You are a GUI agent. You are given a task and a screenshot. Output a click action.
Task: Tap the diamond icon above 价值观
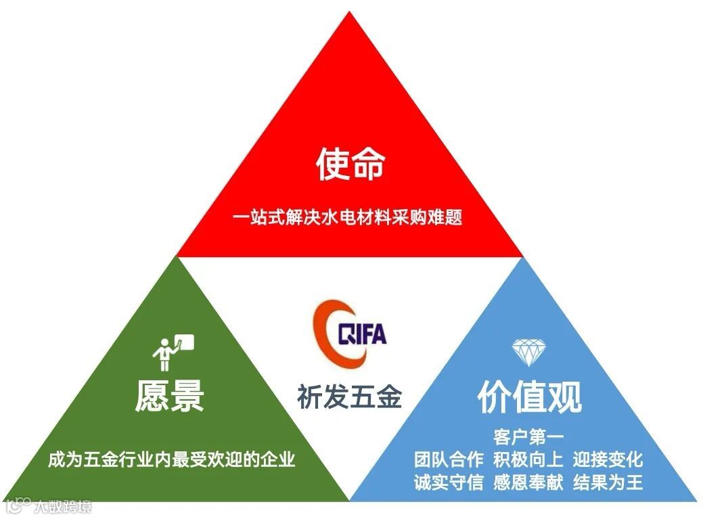(526, 351)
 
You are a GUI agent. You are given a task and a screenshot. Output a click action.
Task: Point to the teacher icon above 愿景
(172, 351)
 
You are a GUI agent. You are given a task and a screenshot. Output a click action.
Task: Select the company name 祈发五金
(350, 396)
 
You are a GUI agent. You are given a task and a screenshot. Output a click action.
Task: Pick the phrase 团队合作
(449, 459)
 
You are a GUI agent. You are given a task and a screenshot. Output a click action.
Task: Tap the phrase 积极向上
(528, 459)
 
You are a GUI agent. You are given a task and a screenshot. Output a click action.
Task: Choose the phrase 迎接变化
(608, 459)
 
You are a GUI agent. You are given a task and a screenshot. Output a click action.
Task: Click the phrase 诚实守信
(449, 482)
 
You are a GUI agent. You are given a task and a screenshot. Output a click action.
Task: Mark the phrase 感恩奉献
(528, 482)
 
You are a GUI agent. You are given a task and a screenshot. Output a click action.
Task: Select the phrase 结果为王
(608, 482)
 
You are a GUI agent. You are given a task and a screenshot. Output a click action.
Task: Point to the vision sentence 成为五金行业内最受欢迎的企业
(171, 459)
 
